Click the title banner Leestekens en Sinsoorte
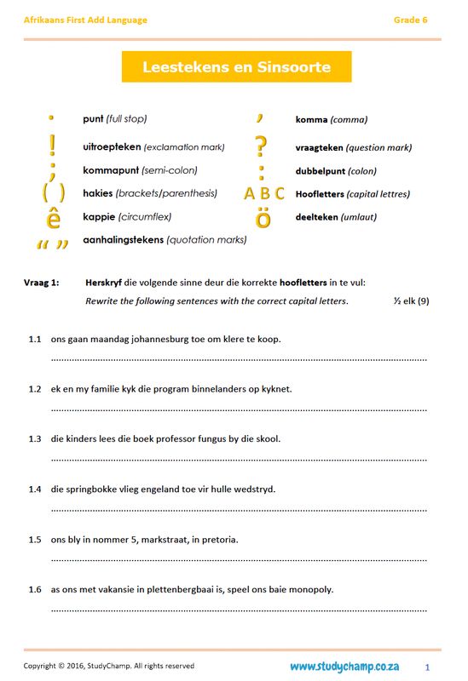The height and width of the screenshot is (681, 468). tap(236, 66)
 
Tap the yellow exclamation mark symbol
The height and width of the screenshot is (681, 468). tap(52, 146)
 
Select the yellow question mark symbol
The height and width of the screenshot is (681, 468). tap(262, 146)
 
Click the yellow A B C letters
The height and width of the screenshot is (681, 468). tap(264, 194)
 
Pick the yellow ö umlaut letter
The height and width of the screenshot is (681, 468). tap(263, 219)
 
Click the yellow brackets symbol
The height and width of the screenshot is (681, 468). tap(53, 193)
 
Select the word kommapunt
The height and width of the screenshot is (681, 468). tap(110, 170)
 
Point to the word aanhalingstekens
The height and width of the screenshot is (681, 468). tap(123, 240)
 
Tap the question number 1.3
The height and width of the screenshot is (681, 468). tap(34, 439)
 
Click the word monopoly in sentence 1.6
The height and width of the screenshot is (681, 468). tap(309, 589)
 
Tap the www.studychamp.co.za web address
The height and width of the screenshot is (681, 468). tap(345, 666)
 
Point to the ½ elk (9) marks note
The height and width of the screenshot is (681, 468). tap(411, 301)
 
